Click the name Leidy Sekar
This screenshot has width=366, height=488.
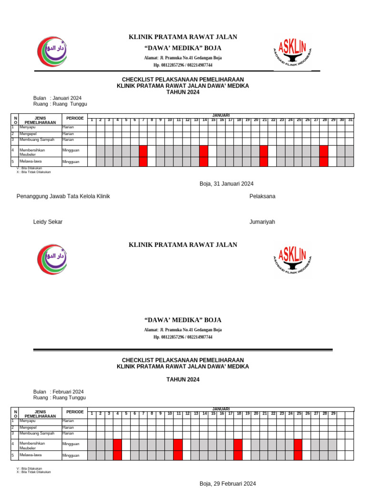[48, 222]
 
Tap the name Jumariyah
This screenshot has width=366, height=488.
[262, 222]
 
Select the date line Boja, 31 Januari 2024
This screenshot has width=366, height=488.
[226, 184]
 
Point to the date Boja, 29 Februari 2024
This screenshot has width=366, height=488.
[228, 484]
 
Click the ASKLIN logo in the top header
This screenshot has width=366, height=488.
[292, 52]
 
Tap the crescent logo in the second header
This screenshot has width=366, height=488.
[52, 259]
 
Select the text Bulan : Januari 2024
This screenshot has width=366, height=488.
[57, 98]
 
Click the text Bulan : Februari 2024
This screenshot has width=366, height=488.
[58, 392]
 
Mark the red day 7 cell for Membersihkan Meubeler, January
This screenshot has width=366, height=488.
[143, 151]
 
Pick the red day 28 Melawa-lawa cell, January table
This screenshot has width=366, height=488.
[324, 162]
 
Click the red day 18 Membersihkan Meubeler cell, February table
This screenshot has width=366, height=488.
[238, 445]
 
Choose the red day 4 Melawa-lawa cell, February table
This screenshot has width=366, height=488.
[117, 456]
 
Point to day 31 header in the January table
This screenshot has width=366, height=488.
[350, 120]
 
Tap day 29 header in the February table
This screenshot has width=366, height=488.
[333, 414]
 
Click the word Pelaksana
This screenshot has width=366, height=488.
[262, 196]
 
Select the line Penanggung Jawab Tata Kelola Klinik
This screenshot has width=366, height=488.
[63, 196]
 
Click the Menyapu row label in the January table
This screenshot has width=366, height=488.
[27, 127]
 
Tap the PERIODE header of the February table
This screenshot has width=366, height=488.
[75, 412]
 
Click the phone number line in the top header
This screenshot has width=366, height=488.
[183, 65]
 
